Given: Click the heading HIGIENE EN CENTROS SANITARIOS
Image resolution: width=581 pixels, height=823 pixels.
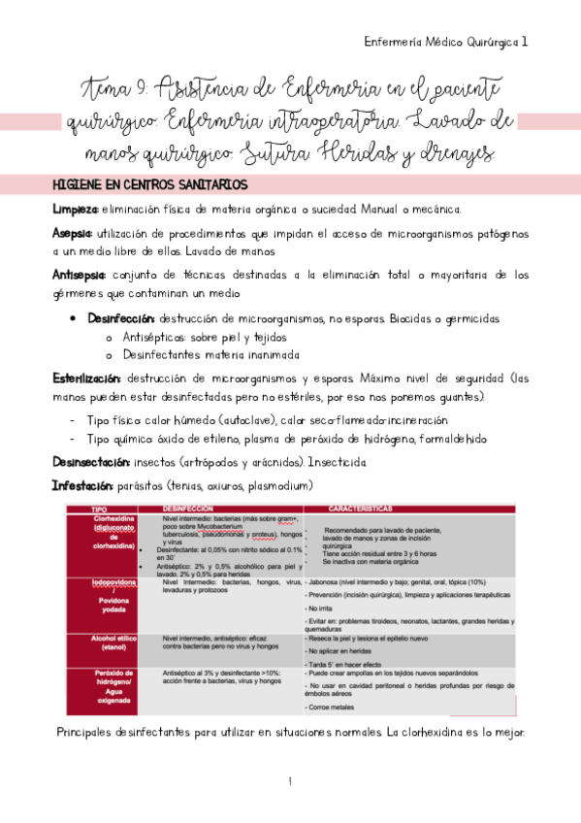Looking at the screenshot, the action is (x=150, y=184).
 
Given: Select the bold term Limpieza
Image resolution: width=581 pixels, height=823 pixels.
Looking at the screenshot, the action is (x=75, y=210).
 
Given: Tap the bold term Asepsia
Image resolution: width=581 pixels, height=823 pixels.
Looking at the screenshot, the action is (x=73, y=234).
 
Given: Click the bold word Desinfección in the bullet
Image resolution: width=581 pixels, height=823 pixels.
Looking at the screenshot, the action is (x=121, y=318).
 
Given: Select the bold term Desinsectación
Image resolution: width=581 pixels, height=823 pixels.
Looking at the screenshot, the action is (x=94, y=463).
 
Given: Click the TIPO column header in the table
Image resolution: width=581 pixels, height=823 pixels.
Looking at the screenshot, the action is (x=99, y=509).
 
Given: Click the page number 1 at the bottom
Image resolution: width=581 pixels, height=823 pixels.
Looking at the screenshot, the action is (x=290, y=781).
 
